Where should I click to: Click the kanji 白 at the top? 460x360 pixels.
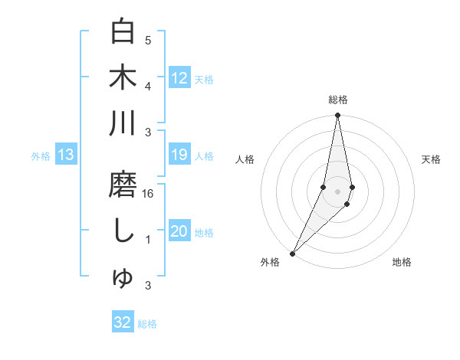(x=123, y=32)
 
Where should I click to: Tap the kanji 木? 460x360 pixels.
(x=123, y=77)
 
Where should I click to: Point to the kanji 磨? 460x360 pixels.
(x=123, y=185)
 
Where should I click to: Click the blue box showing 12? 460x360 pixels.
(x=179, y=78)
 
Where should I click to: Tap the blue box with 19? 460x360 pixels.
(x=179, y=155)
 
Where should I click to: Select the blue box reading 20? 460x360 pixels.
(x=179, y=232)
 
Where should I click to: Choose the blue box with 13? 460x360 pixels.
(x=65, y=155)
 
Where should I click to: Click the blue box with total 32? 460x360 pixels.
(x=123, y=322)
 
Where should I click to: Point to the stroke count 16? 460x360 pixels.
(x=148, y=194)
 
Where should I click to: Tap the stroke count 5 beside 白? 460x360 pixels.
(x=148, y=41)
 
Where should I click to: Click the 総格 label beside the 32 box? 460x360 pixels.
(x=147, y=324)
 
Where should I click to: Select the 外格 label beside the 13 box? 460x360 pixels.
(x=41, y=156)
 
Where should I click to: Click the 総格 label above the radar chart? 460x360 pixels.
(x=337, y=100)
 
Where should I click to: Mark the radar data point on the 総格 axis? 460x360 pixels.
(x=337, y=116)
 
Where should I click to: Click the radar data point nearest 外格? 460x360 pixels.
(x=293, y=253)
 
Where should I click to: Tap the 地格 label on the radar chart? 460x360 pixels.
(x=402, y=262)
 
